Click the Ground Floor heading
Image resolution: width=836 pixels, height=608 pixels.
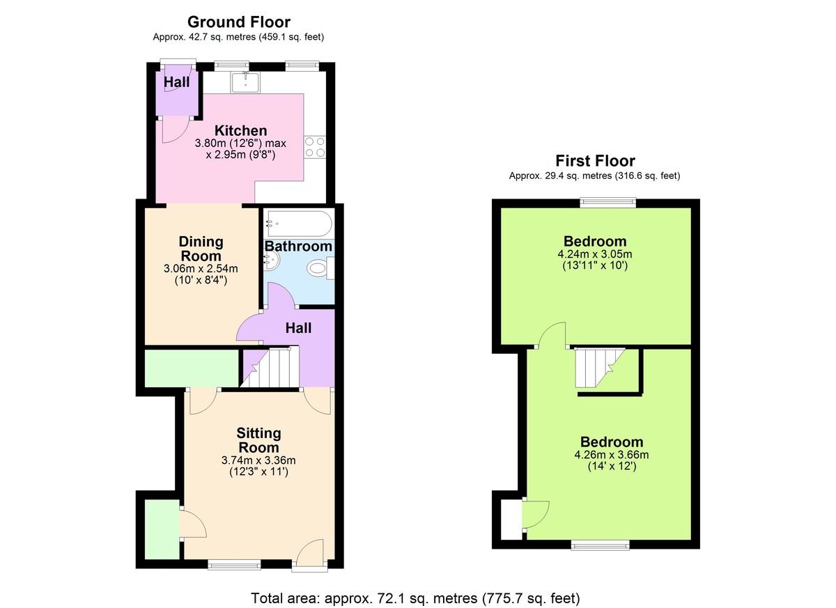[238, 22]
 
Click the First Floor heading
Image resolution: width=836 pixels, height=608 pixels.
[594, 161]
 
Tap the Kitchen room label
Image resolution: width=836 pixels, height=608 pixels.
[240, 130]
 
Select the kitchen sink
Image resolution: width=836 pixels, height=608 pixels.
[245, 82]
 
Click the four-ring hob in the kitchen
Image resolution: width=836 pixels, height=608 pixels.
[315, 147]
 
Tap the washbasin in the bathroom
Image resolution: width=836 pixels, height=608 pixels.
[272, 260]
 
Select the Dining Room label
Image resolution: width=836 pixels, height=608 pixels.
[201, 249]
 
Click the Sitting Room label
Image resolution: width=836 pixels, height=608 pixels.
[258, 440]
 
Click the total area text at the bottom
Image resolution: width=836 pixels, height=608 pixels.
[415, 598]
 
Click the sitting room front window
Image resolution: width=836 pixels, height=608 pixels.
[234, 564]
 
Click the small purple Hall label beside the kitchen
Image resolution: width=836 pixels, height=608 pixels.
[176, 82]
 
